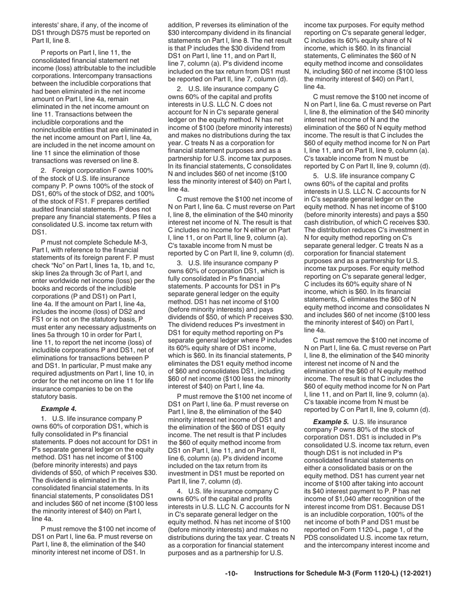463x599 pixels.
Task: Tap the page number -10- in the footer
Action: pyautogui.click(x=231, y=574)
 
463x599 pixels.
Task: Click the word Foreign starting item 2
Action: pyautogui.click(x=66, y=170)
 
